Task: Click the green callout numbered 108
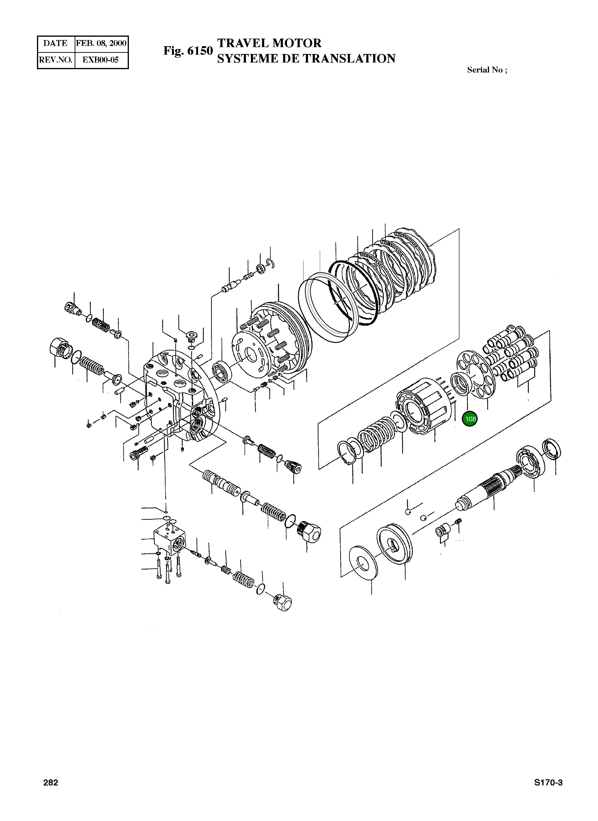pos(470,419)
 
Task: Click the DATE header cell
pos(55,43)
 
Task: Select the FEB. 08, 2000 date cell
pos(101,43)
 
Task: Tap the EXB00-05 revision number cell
pos(101,60)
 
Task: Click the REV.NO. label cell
pos(55,60)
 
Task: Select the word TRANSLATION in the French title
pos(349,59)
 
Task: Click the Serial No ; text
pos(487,70)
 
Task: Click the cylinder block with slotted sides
pos(422,406)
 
